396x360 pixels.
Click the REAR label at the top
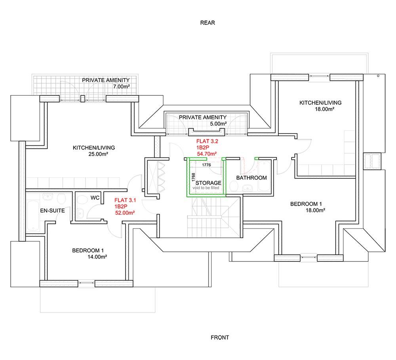click(x=208, y=23)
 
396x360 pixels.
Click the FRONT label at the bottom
click(x=220, y=337)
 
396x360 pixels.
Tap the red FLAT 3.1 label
click(x=125, y=201)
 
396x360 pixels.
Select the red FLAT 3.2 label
click(x=207, y=141)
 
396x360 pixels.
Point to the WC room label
click(x=95, y=197)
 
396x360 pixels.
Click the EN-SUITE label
click(x=52, y=211)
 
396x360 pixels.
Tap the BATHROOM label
click(x=251, y=178)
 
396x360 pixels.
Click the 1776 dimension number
click(x=206, y=165)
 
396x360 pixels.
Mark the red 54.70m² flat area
click(x=207, y=153)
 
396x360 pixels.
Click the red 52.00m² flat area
click(x=124, y=212)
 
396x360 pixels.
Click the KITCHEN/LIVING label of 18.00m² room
click(x=320, y=103)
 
